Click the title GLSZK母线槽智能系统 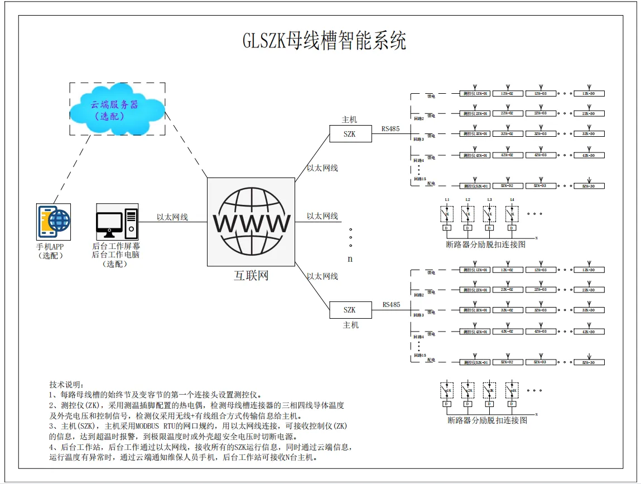coord(324,41)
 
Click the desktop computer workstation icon coord(116,222)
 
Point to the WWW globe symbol coord(251,222)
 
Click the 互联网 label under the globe coord(250,275)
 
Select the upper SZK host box coord(349,135)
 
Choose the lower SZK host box coord(349,310)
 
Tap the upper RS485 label coord(391,129)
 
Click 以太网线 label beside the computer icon coord(172,217)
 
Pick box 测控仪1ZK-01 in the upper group coord(475,93)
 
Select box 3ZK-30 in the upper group coord(589,134)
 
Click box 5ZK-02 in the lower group coord(507,362)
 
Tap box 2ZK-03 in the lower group coord(540,290)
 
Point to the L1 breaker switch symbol coord(447,213)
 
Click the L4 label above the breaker coord(512,199)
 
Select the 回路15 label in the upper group coord(420,179)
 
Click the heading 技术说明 coord(66,385)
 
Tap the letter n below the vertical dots coord(350,259)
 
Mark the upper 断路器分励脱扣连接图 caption coord(486,244)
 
